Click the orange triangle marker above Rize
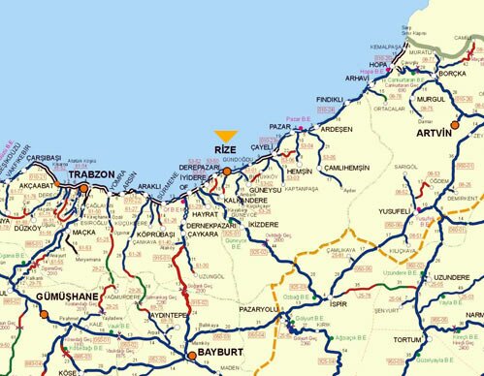pos(226,137)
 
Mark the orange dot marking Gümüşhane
pos(44,314)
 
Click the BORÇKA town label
pos(453,72)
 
